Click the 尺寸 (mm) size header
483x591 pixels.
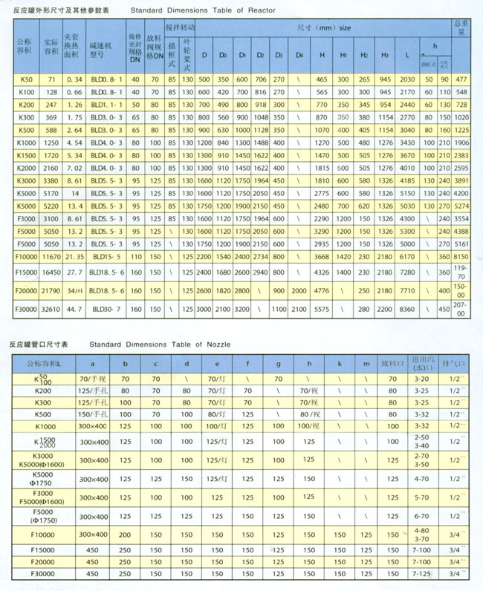(x=324, y=27)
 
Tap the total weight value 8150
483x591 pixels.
(x=462, y=255)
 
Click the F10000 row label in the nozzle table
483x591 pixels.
(x=45, y=533)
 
